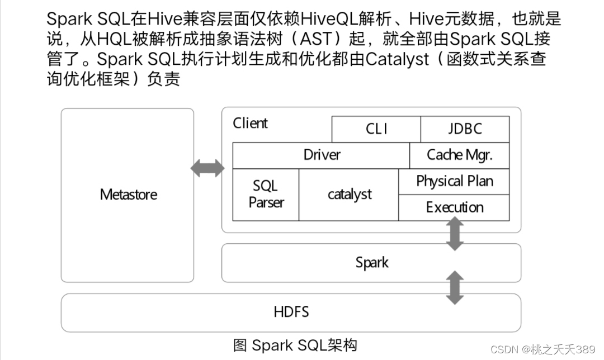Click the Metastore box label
[128, 195]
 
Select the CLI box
[376, 129]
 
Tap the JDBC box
[464, 129]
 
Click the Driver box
[321, 155]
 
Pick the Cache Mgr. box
[459, 155]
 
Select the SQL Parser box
[266, 195]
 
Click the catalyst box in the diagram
[349, 195]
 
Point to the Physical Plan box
[454, 181]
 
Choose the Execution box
[454, 207]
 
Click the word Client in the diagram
[250, 123]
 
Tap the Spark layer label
[371, 262]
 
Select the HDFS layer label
[291, 311]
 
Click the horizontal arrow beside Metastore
[207, 168]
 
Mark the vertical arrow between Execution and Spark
[455, 234]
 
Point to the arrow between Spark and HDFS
[455, 287]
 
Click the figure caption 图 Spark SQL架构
[295, 345]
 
